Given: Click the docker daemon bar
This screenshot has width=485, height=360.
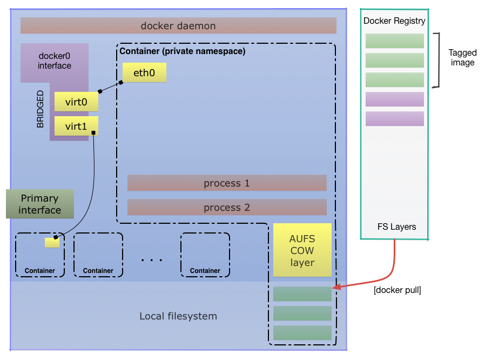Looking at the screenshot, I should (178, 25).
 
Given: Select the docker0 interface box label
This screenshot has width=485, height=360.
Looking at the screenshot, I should (55, 61).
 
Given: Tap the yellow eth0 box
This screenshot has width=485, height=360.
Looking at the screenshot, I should (144, 72).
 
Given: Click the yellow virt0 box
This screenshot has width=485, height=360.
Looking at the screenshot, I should (76, 101).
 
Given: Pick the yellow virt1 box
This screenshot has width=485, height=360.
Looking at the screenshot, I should (76, 126).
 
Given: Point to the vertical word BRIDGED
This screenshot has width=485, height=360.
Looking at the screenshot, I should (41, 109).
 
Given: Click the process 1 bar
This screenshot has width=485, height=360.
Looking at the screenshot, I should (227, 183).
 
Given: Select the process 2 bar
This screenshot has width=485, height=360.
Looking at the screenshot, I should (227, 208).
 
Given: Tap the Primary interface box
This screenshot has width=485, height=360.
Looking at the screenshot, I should (40, 204).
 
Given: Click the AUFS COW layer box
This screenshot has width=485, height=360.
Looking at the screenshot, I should (302, 250).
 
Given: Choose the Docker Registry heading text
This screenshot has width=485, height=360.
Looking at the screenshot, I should (394, 21).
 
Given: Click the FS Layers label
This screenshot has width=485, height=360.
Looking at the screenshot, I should (396, 226).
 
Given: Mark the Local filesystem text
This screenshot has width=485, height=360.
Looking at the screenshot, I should (178, 316).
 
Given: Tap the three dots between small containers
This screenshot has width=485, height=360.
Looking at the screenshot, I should (152, 260).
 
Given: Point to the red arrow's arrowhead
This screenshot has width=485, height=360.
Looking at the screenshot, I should (335, 288).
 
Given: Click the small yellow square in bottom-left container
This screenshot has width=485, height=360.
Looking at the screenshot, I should (52, 242).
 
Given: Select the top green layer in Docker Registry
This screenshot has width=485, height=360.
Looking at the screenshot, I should (394, 41).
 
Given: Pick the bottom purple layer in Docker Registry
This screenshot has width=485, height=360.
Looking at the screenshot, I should (394, 119).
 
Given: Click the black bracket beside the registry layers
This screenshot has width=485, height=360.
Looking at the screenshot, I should (439, 59).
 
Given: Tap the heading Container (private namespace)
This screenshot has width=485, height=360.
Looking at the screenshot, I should (182, 51).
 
